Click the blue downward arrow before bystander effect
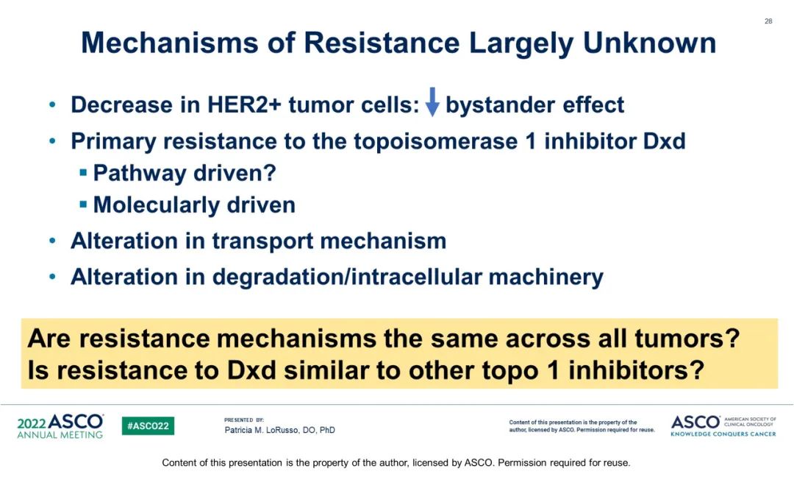pos(432,102)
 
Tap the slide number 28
pos(768,21)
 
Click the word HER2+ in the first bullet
pos(244,105)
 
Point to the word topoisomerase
pos(435,141)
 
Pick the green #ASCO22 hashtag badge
pos(148,425)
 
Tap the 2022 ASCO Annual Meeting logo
pos(60,425)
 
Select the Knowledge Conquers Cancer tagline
pos(723,434)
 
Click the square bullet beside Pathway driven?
pos(84,174)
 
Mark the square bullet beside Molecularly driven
pos(84,205)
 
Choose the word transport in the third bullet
pos(262,241)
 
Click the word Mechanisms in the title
pos(170,43)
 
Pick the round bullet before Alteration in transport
pos(53,241)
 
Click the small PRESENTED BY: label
pos(244,420)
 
